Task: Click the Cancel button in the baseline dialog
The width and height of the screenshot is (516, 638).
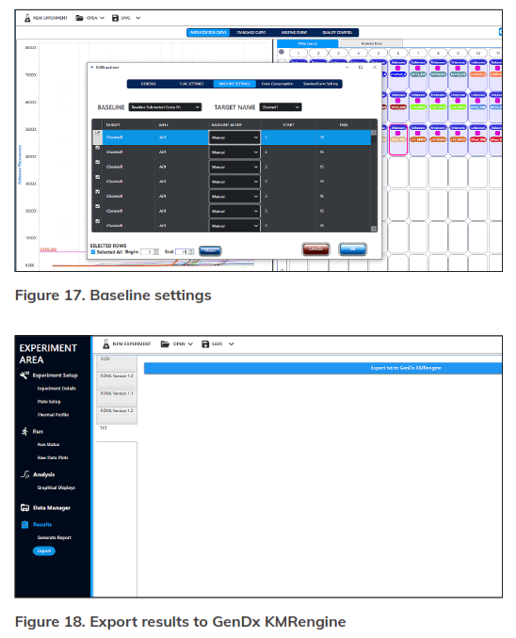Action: [x=315, y=248]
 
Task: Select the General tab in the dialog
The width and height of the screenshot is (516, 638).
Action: [x=148, y=84]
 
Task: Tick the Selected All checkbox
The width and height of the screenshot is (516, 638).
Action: [x=93, y=251]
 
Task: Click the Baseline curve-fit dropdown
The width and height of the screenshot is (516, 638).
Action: [x=165, y=107]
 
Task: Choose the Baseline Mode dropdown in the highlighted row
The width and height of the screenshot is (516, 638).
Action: [x=234, y=136]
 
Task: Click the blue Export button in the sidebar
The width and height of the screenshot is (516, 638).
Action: [x=44, y=550]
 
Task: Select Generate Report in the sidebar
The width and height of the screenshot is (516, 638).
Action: [x=54, y=537]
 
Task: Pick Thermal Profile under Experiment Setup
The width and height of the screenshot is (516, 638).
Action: [x=53, y=414]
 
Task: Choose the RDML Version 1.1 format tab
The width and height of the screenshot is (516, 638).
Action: [x=117, y=392]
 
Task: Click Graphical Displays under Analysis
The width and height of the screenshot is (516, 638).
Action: [x=56, y=487]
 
